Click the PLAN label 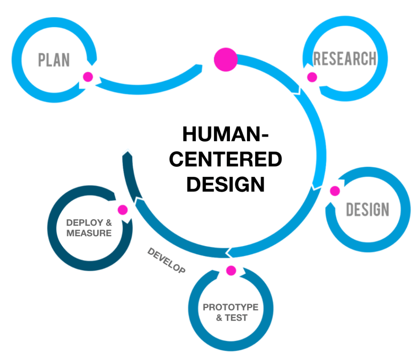coord(54,60)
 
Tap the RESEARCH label coord(344,59)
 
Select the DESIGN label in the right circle coord(367,209)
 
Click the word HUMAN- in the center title coord(225,134)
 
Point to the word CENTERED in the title coord(225,159)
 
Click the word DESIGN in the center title coord(225,184)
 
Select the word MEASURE coord(89,233)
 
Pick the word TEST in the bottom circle coord(236,318)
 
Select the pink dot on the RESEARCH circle coord(312,77)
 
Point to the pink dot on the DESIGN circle coord(335,191)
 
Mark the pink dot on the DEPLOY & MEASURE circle coord(122,210)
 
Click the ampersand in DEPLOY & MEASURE coord(108,223)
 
